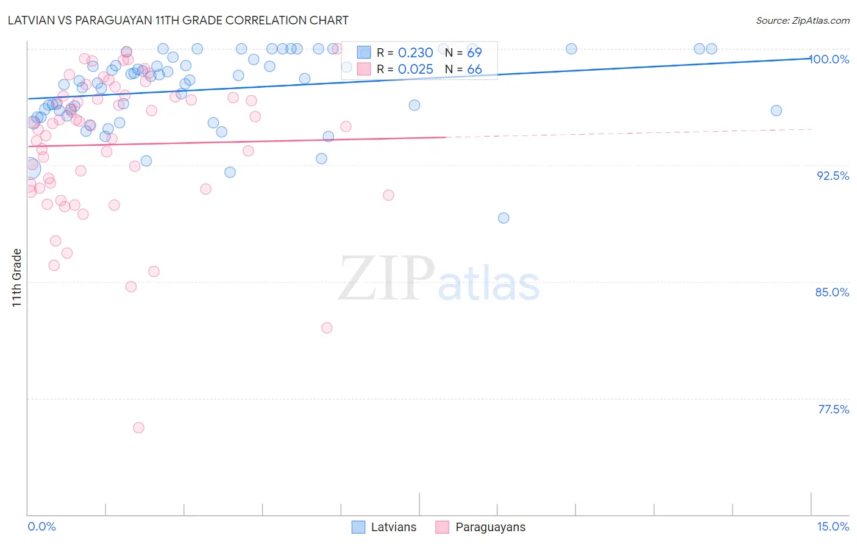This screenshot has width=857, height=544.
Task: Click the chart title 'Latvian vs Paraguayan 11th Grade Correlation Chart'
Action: pyautogui.click(x=178, y=20)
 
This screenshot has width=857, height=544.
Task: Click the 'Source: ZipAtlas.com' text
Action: pyautogui.click(x=802, y=20)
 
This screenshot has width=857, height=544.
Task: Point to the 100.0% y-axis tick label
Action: pyautogui.click(x=830, y=59)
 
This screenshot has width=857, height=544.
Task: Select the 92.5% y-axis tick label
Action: pyautogui.click(x=833, y=176)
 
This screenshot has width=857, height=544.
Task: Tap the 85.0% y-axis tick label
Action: pyautogui.click(x=832, y=292)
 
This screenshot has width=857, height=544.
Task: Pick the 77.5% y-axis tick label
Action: pyautogui.click(x=833, y=409)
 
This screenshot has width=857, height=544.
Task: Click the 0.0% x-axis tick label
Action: pyautogui.click(x=41, y=526)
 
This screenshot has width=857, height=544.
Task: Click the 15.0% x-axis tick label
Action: pyautogui.click(x=833, y=526)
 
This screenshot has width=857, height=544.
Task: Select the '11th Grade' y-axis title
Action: pyautogui.click(x=17, y=277)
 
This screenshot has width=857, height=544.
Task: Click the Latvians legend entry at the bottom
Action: pyautogui.click(x=384, y=527)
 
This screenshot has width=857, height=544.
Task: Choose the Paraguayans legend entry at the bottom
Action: pyautogui.click(x=480, y=527)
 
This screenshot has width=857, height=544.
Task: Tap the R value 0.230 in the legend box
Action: pyautogui.click(x=415, y=53)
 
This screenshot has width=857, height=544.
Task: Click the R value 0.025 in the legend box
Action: pyautogui.click(x=415, y=70)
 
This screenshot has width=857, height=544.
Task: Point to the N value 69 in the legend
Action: pyautogui.click(x=474, y=53)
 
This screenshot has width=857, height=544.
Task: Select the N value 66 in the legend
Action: pyautogui.click(x=474, y=70)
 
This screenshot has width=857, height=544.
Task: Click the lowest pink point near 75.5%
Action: pyautogui.click(x=138, y=428)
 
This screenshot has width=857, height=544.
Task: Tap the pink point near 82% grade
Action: pyautogui.click(x=327, y=327)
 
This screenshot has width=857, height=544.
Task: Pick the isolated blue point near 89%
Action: pyautogui.click(x=503, y=218)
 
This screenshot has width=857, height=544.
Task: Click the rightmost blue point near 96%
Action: pyautogui.click(x=776, y=110)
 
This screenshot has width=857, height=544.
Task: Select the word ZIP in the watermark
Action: pyautogui.click(x=386, y=279)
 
